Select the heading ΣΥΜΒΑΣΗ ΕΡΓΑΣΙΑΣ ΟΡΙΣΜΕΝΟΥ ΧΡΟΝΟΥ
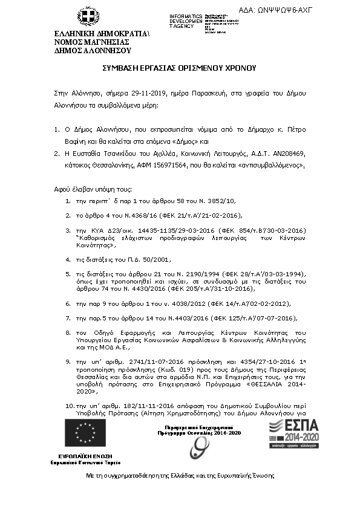click(x=180, y=69)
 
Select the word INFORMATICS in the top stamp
click(x=186, y=15)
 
